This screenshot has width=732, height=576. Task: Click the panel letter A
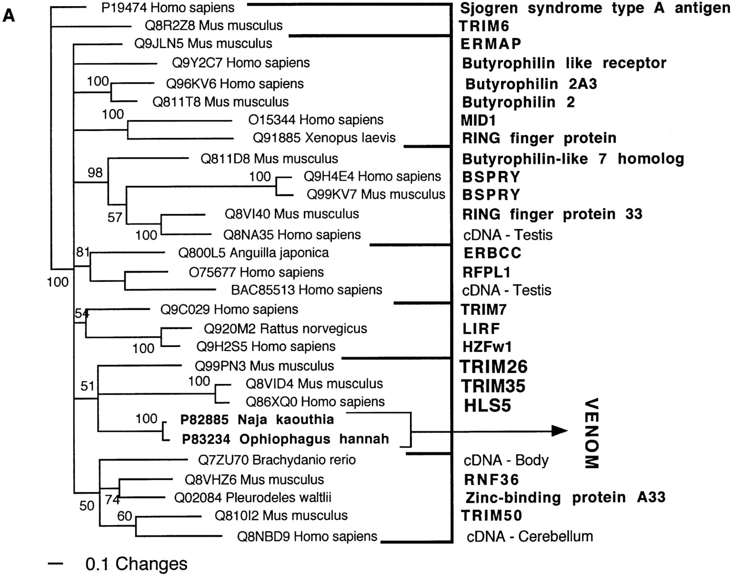(9, 15)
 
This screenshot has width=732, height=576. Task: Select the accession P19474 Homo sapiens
(168, 7)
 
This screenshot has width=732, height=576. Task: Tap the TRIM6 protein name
(484, 26)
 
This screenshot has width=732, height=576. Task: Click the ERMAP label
(490, 43)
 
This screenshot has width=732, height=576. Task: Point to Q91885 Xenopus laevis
(324, 138)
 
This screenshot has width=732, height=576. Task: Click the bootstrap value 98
(95, 173)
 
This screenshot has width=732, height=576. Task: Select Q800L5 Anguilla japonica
(253, 253)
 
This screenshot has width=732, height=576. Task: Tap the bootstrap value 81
(83, 252)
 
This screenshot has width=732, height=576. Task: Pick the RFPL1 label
(487, 272)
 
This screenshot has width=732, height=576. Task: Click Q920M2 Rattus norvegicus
(286, 329)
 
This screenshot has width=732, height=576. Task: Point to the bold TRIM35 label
(493, 386)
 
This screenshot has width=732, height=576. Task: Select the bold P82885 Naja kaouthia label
(257, 419)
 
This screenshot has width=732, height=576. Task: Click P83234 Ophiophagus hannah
(285, 439)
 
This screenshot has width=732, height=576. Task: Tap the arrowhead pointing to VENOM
(560, 431)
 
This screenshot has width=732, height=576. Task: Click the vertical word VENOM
(591, 433)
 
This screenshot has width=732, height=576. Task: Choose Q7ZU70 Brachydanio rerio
(277, 460)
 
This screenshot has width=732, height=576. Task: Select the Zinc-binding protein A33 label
(565, 497)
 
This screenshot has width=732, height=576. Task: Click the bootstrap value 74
(112, 499)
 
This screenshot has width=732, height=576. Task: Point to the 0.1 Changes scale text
(136, 564)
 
